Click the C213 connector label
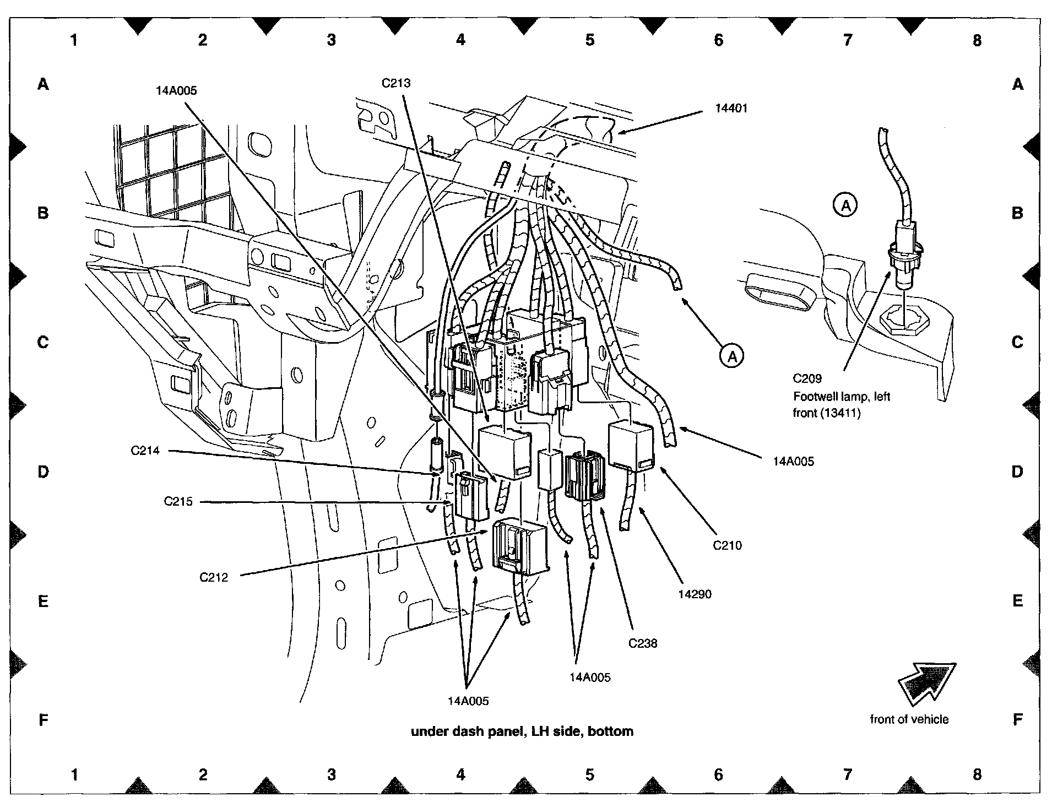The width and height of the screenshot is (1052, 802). point(396,83)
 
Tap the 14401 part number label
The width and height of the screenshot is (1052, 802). point(731,109)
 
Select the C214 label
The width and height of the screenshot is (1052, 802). point(145,451)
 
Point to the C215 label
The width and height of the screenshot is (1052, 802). point(178,502)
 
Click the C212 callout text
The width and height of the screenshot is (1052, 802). point(214,578)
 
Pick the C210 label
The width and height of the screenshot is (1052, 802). point(727,545)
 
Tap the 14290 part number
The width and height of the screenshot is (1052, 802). point(695,594)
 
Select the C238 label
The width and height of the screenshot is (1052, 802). point(643,643)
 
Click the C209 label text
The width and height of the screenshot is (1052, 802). point(807,378)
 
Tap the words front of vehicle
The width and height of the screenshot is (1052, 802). point(909,719)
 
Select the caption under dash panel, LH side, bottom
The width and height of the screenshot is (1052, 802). point(522,731)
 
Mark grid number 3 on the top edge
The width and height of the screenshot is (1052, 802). point(331,40)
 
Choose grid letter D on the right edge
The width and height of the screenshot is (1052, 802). point(1017,472)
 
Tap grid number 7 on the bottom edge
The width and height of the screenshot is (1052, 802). point(847,775)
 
